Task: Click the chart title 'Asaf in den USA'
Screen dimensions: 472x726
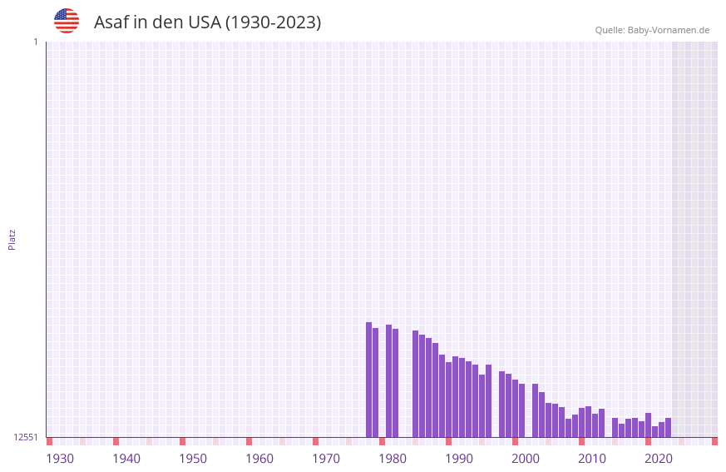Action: (207, 22)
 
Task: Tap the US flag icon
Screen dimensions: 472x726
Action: (67, 21)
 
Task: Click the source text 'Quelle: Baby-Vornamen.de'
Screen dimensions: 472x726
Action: (652, 30)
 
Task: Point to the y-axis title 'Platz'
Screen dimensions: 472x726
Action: (12, 239)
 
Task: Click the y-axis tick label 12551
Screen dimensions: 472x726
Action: (25, 437)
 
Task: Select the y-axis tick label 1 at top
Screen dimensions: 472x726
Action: (35, 42)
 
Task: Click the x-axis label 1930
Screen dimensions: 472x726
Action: (60, 459)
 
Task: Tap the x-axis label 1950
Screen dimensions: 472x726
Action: (193, 459)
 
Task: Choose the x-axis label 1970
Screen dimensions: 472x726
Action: (326, 459)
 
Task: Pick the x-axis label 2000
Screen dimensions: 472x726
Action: (526, 459)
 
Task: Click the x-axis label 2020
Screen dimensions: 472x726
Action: (659, 459)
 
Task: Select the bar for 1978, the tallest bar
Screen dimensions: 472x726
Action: (369, 380)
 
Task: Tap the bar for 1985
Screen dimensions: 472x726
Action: (416, 384)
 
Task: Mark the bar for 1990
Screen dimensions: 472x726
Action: (449, 400)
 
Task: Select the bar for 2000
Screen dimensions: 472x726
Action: (516, 409)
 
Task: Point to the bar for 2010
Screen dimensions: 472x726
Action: (582, 423)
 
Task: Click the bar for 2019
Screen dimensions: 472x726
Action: (642, 430)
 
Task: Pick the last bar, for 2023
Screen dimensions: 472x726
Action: (669, 428)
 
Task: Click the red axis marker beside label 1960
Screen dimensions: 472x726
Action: (249, 441)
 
